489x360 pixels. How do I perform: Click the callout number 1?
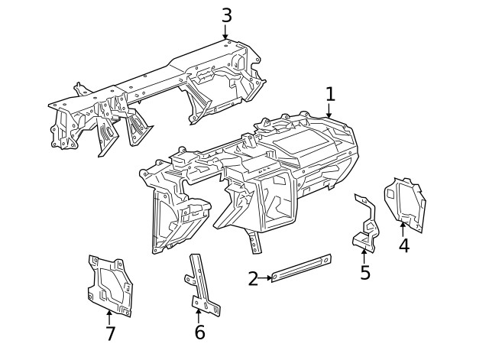pos(330,95)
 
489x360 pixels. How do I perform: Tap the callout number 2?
pos(253,279)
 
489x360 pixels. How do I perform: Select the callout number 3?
pos(226,15)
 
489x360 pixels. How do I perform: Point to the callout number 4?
pos(403,245)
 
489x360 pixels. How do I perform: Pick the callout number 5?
pos(365,273)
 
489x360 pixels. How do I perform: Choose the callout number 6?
pos(199,332)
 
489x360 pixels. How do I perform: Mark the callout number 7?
pos(110,334)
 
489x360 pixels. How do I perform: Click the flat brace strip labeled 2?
pos(301,268)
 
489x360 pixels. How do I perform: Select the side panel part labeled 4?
pos(404,202)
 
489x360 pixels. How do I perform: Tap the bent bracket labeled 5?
pos(367,225)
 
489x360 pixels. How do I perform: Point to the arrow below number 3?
pos(225,33)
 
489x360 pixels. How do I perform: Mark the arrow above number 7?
pos(109,316)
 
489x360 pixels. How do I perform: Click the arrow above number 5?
pos(364,255)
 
